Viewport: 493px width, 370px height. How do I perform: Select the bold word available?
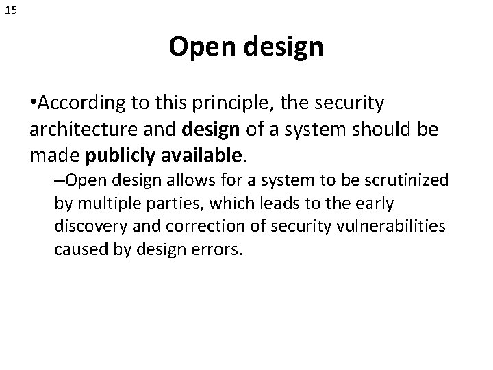tap(200, 157)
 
